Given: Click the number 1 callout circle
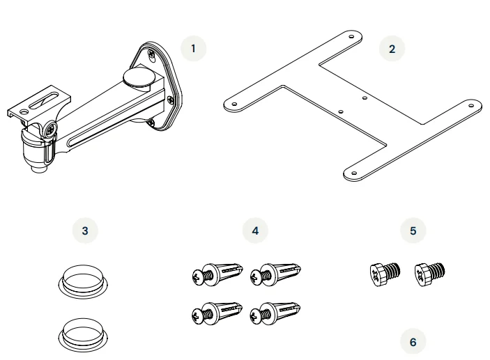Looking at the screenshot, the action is click(194, 49).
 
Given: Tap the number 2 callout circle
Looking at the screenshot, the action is click(392, 49).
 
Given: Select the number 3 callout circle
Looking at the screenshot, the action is click(85, 230).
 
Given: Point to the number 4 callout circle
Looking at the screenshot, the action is click(255, 230).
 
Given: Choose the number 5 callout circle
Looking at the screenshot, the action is click(413, 230).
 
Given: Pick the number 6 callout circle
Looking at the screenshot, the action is click(413, 342).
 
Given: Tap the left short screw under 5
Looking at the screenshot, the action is click(385, 274).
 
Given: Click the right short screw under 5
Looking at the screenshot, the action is click(429, 274).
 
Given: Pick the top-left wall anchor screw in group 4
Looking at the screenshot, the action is click(217, 274).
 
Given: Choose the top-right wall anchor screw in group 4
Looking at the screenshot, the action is click(275, 274).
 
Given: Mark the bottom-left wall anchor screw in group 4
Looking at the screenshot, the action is click(217, 313).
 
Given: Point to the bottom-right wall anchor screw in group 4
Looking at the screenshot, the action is click(275, 313).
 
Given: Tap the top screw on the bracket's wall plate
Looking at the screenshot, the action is click(151, 54).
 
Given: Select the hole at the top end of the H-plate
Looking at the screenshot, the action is click(351, 36).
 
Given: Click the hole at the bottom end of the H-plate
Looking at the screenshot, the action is click(354, 173).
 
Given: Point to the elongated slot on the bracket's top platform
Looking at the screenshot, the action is click(44, 100).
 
